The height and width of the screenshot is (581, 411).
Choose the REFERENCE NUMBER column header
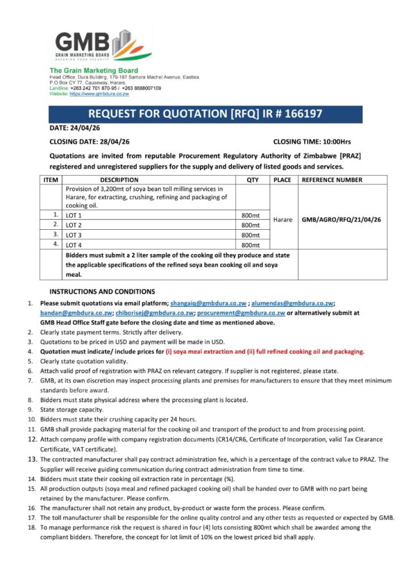coord(332,180)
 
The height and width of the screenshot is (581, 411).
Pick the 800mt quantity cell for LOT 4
coord(250,245)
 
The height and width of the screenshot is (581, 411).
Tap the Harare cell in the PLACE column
coord(283,219)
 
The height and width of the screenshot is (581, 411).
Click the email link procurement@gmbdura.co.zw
coord(249,313)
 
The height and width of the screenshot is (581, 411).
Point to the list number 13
coord(32,460)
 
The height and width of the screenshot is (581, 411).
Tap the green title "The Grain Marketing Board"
coord(94,70)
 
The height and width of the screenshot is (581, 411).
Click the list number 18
coord(32,527)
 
